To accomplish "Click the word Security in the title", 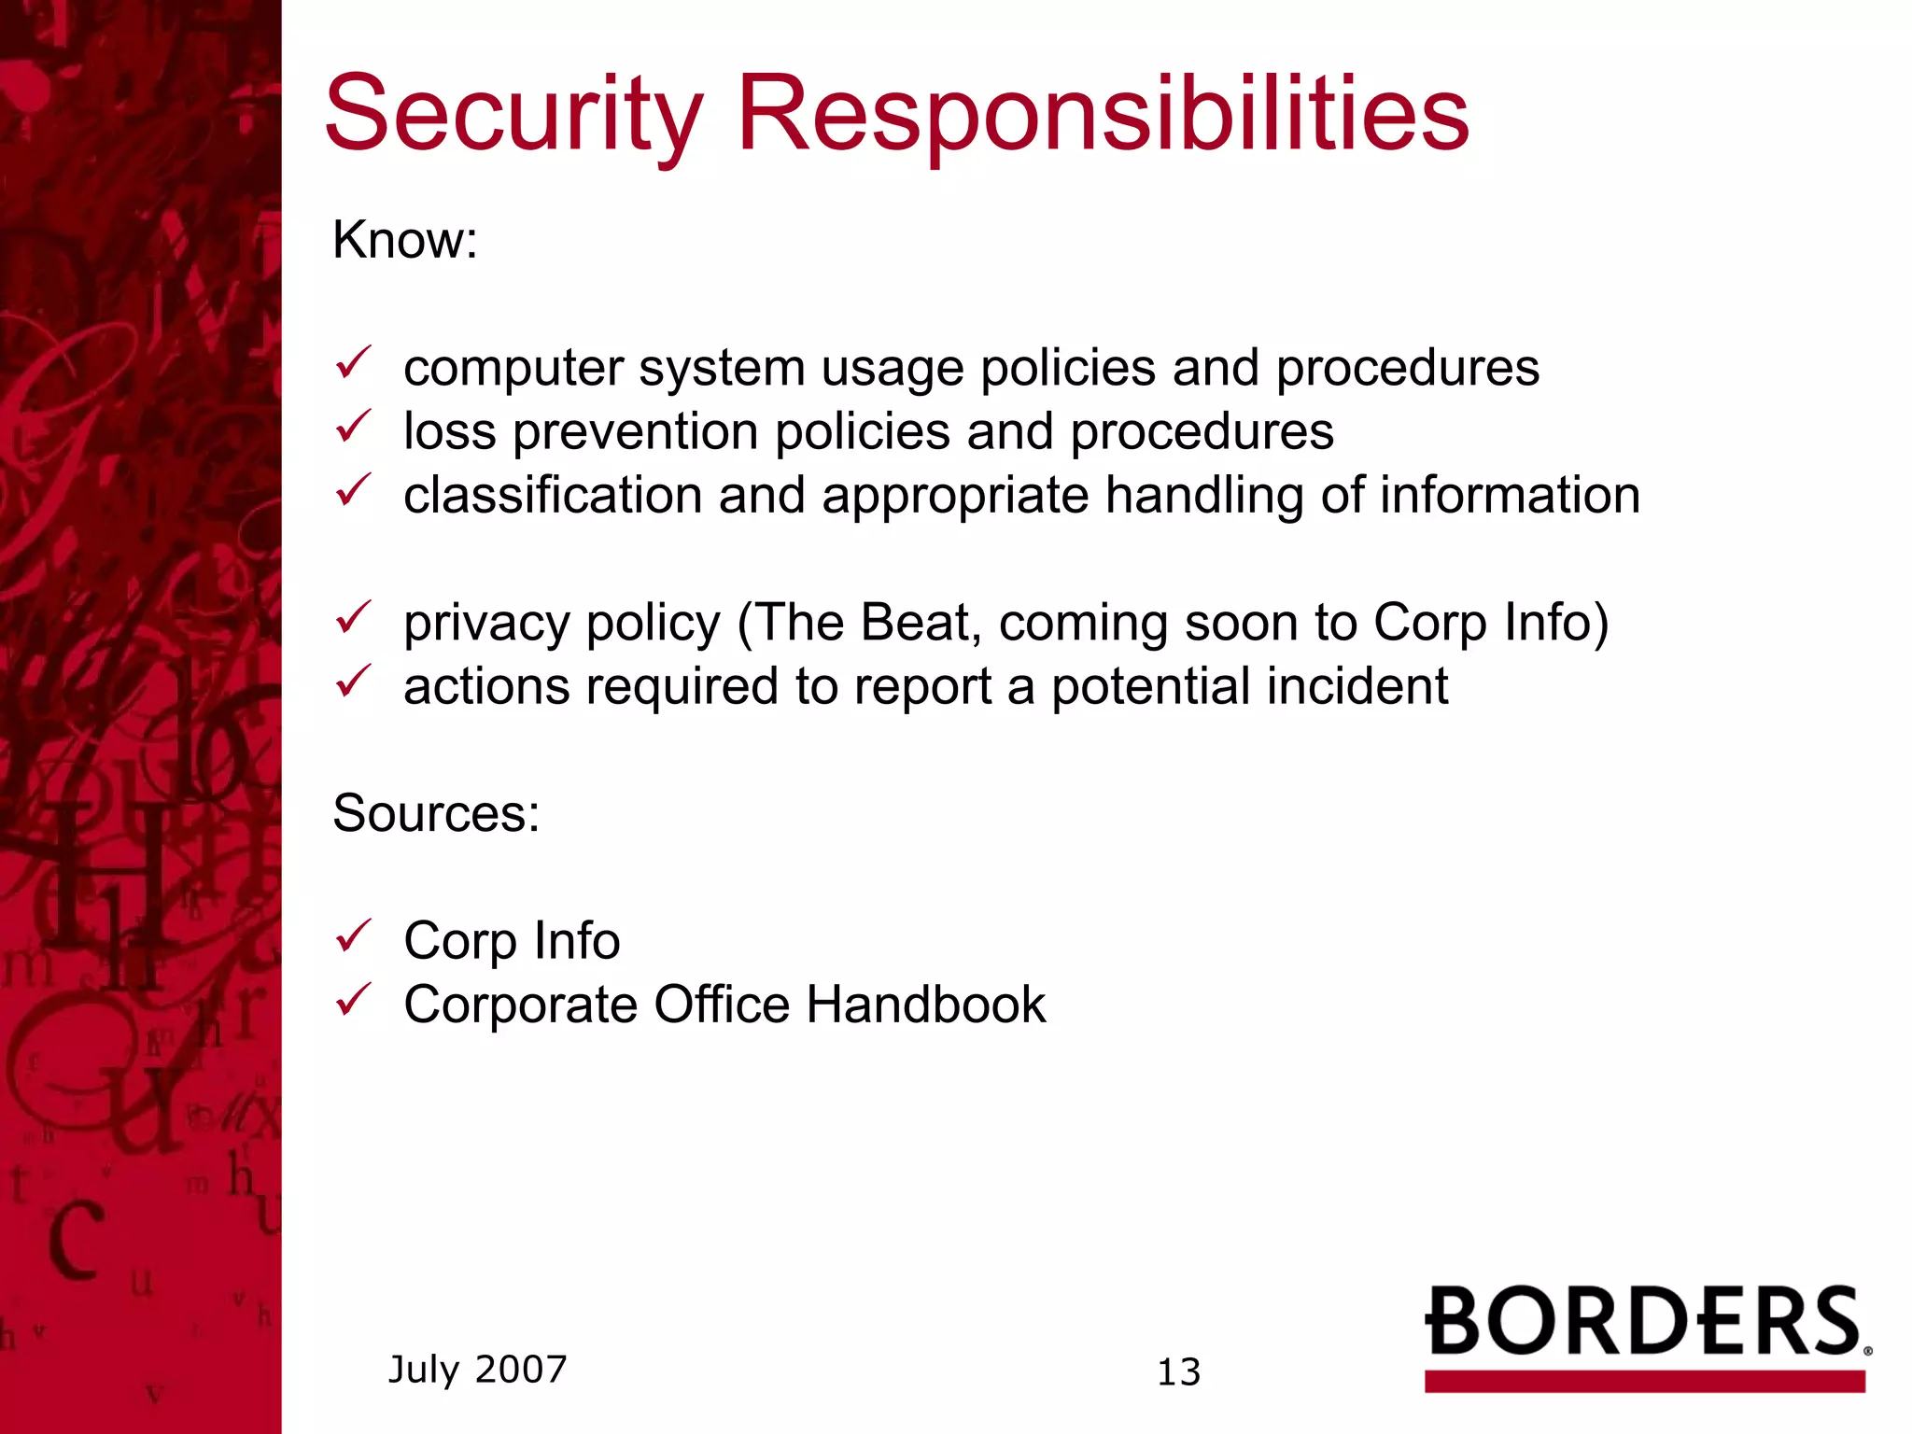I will [x=513, y=115].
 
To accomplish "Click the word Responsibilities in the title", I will [x=1103, y=115].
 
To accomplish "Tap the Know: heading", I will [x=405, y=240].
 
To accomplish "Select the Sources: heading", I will [x=436, y=813].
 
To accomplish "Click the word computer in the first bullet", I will [x=513, y=369].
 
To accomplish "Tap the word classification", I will [x=553, y=495].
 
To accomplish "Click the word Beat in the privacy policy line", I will [x=914, y=623].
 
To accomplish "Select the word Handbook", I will [x=925, y=1005].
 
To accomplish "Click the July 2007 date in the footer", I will [x=477, y=1370].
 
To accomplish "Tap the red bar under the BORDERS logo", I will [x=1644, y=1382].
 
